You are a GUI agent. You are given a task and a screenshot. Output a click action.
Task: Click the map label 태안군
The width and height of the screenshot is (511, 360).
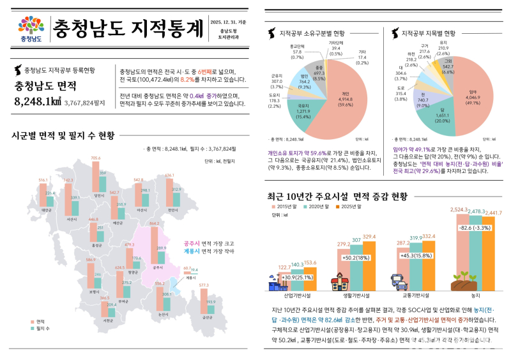pos(45,209)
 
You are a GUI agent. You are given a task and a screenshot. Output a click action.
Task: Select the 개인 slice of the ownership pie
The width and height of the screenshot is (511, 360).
pos(342,96)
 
